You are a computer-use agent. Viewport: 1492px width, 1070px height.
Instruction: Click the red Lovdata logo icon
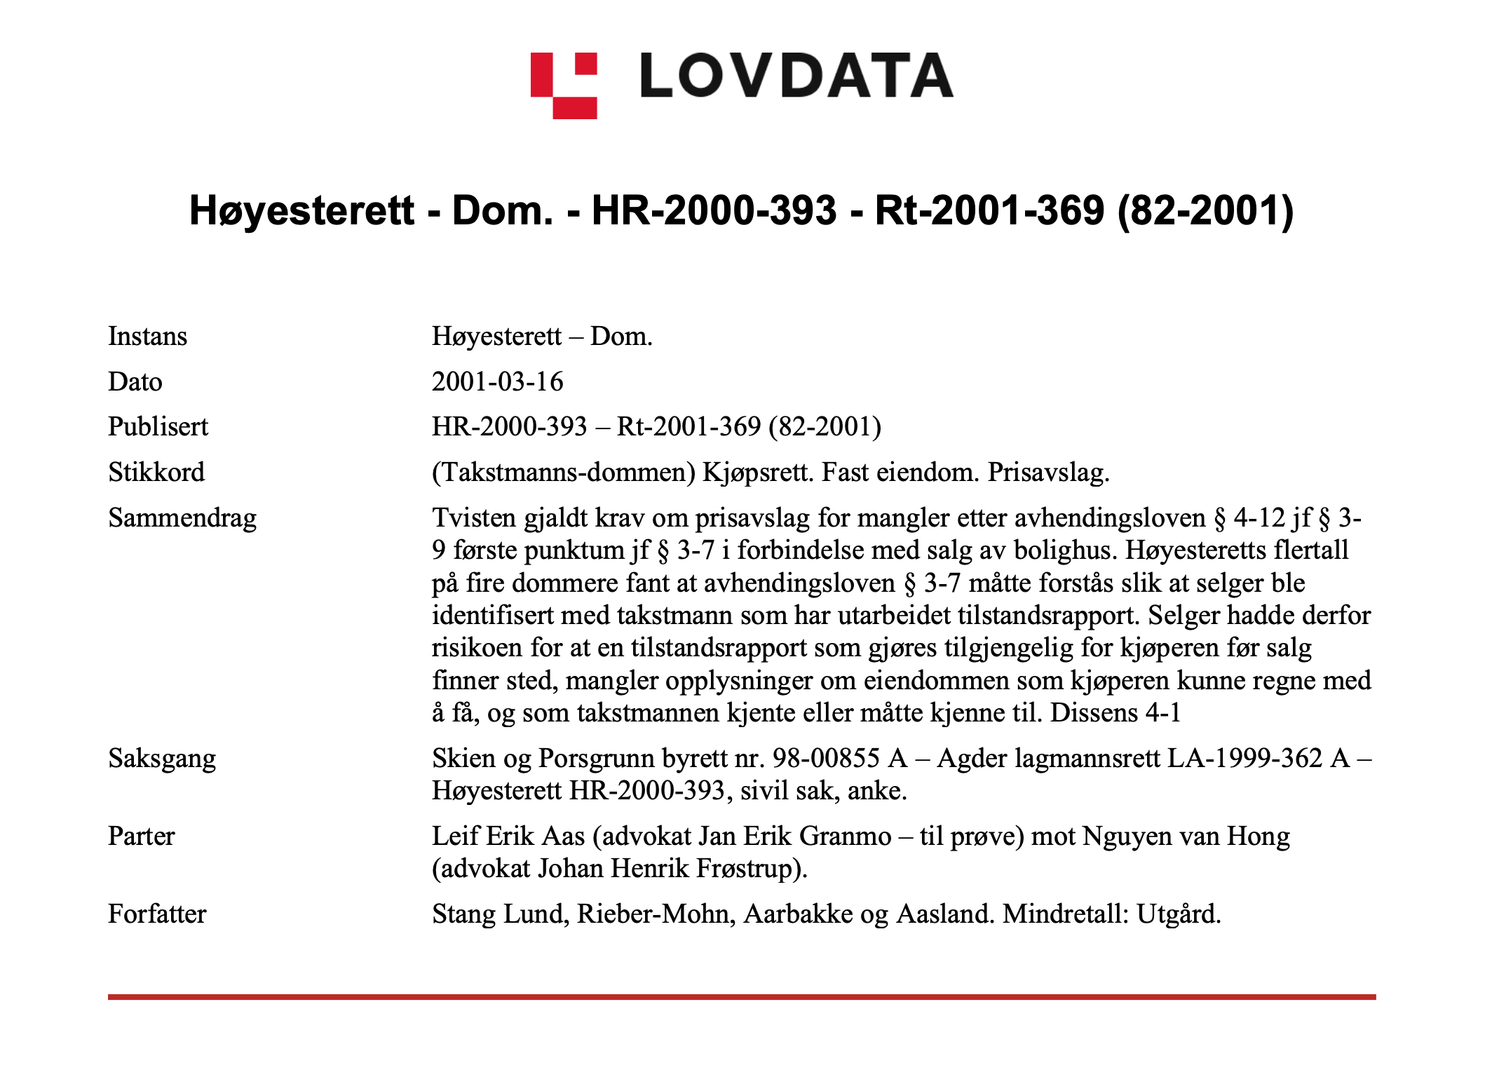tap(564, 86)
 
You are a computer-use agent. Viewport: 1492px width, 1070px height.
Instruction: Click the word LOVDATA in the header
tap(796, 76)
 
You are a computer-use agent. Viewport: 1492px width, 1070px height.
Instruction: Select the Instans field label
tap(147, 337)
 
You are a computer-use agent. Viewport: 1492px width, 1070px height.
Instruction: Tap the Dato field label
tap(135, 382)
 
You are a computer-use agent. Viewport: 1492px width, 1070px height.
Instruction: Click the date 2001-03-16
tap(497, 382)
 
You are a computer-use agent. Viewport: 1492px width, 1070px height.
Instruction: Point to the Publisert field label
tap(158, 427)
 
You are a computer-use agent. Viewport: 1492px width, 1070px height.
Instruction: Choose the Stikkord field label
tap(156, 473)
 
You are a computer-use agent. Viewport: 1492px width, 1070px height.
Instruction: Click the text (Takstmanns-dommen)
tap(563, 473)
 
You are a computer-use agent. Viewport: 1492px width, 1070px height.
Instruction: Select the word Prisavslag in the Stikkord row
tap(1047, 473)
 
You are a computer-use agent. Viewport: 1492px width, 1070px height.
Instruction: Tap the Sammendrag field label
tap(182, 518)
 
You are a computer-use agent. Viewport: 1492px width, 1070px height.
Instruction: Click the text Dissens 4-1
tap(1115, 713)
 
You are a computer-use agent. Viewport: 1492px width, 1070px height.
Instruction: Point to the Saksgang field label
tap(162, 759)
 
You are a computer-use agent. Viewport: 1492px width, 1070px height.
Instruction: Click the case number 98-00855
tap(826, 759)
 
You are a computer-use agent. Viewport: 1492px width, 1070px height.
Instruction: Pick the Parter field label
tap(141, 837)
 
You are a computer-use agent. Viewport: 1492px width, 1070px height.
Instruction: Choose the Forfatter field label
tap(157, 914)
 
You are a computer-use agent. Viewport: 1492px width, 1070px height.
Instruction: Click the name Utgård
tap(1178, 914)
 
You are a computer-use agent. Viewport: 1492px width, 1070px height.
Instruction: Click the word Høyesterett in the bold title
tap(302, 210)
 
